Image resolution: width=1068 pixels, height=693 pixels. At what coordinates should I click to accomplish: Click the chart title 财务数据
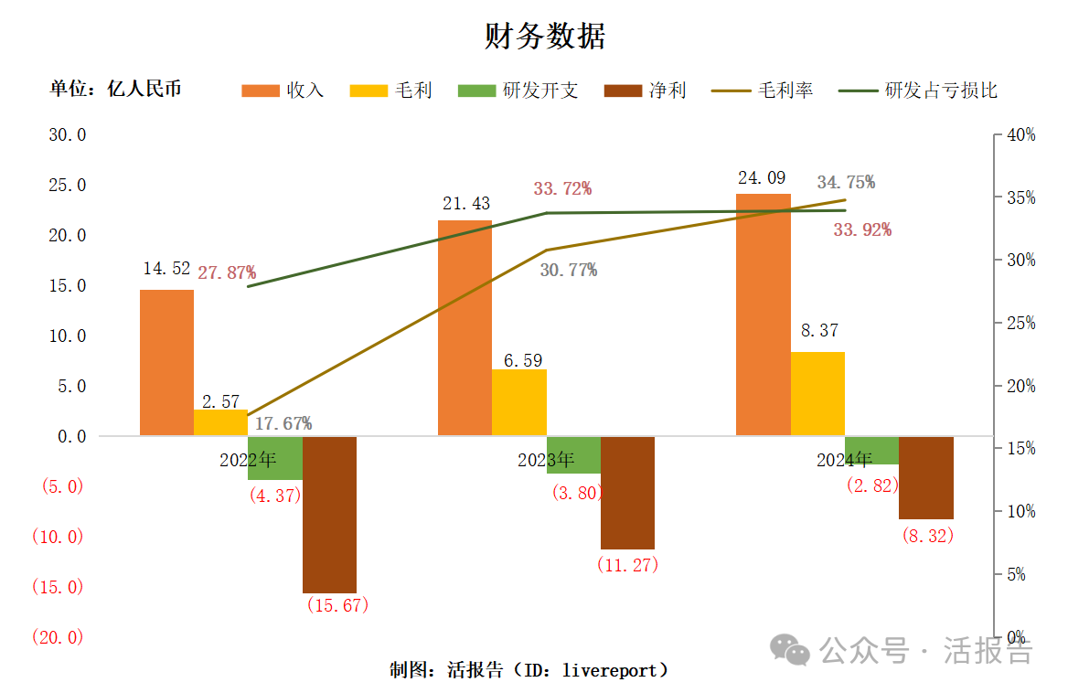tap(545, 37)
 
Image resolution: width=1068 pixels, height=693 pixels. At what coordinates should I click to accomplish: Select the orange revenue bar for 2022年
tap(166, 362)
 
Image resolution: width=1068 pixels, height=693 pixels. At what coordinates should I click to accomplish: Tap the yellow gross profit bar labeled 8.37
tap(817, 393)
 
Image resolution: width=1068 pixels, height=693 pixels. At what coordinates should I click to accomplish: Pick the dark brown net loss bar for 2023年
tap(627, 492)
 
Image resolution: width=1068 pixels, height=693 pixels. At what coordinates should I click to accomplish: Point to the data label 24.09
tap(762, 178)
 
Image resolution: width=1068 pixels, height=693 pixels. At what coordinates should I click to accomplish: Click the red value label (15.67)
tap(337, 605)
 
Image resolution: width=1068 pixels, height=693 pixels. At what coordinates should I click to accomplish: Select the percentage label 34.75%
tap(846, 182)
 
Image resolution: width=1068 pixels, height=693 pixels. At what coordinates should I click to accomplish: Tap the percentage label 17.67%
tap(283, 423)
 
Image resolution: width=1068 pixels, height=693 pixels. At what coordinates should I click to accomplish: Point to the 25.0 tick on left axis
tap(67, 185)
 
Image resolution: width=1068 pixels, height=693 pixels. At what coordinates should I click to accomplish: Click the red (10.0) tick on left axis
tap(57, 537)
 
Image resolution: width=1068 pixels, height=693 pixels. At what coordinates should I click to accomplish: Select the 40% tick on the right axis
tap(1020, 134)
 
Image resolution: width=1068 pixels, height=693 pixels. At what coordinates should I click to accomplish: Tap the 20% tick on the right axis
tap(1020, 386)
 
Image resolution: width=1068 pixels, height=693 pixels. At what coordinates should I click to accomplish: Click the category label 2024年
tap(845, 460)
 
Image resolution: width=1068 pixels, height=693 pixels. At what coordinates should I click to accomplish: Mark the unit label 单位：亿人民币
tap(116, 89)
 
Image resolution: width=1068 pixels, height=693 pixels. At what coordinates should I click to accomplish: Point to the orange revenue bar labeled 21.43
tap(465, 327)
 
